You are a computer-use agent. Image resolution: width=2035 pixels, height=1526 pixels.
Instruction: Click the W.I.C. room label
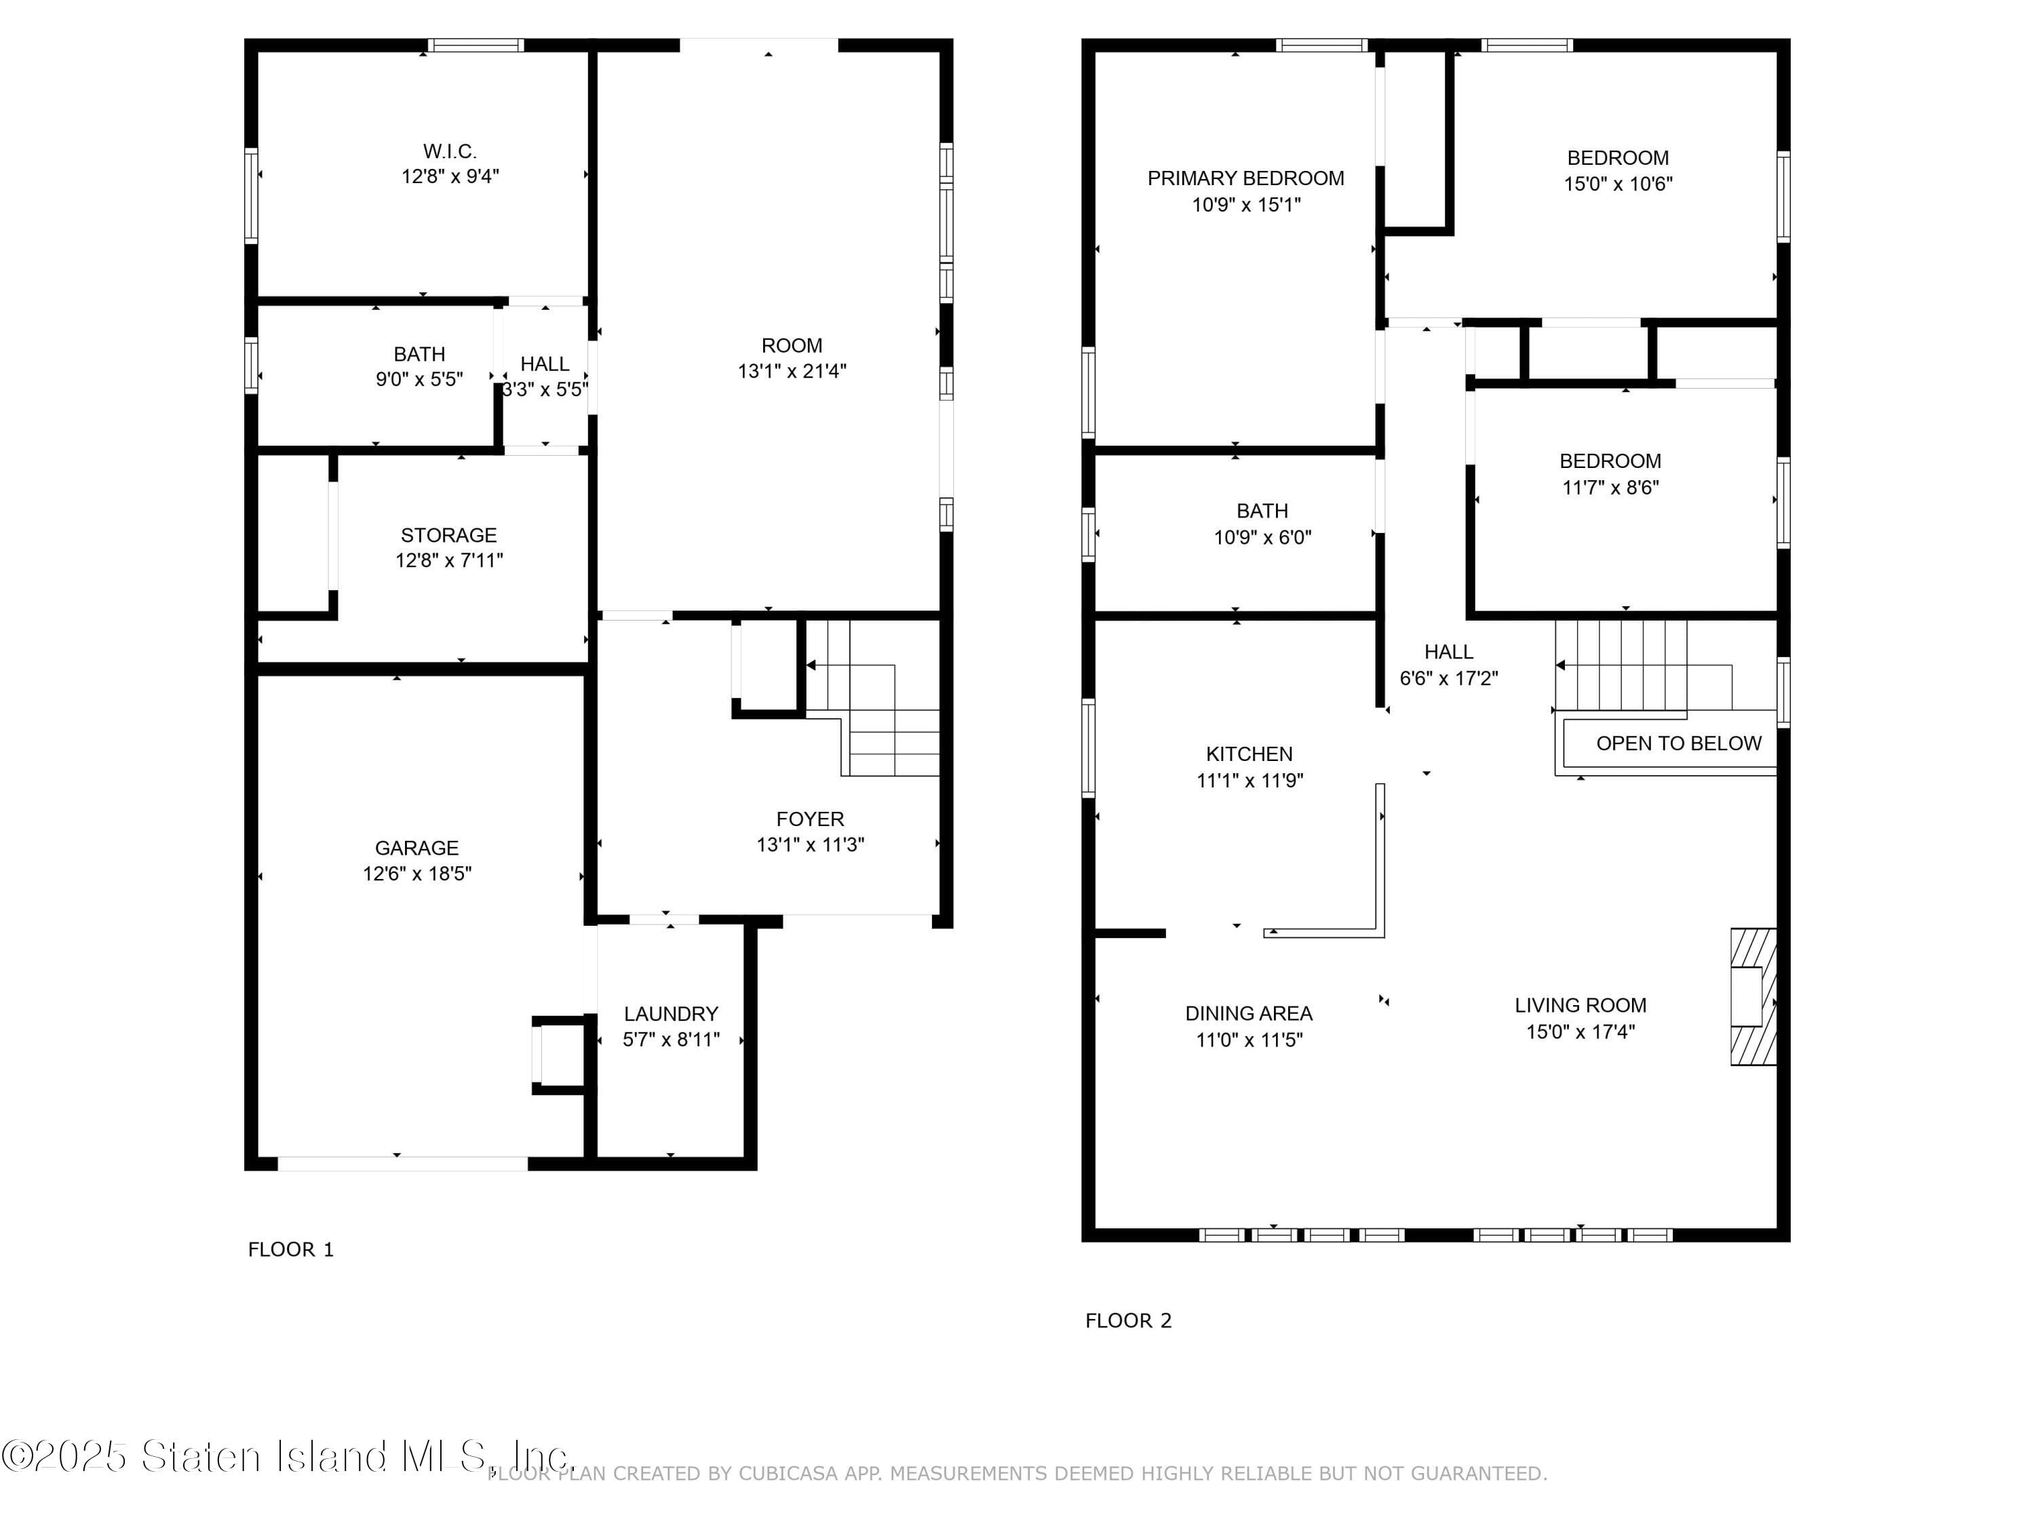click(x=449, y=151)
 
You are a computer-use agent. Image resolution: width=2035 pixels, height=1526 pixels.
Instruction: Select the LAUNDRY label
click(x=671, y=1014)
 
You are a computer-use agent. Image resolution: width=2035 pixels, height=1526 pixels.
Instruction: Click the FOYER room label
click(x=809, y=819)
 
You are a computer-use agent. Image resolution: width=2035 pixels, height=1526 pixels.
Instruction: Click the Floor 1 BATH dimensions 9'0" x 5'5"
click(x=419, y=379)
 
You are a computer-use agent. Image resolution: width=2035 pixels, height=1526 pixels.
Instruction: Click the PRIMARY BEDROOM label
click(x=1245, y=178)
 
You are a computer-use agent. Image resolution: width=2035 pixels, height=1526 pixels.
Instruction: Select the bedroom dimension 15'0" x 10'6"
click(x=1617, y=184)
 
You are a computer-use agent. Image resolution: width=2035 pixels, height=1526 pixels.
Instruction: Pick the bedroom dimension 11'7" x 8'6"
click(x=1610, y=488)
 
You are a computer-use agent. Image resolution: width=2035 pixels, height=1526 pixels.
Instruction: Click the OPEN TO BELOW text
click(x=1678, y=743)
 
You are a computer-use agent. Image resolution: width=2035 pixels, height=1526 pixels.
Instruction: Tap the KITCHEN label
click(x=1248, y=754)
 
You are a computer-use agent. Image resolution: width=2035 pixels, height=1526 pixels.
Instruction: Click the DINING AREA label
click(x=1248, y=1014)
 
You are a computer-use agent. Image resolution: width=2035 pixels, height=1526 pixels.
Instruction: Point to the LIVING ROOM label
click(x=1580, y=1005)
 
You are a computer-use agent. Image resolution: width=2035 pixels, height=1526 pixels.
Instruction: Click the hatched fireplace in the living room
click(x=1753, y=997)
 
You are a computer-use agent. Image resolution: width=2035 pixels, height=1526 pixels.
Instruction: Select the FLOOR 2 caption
click(x=1128, y=1321)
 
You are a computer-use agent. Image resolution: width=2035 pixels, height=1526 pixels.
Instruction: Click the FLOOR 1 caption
click(x=291, y=1249)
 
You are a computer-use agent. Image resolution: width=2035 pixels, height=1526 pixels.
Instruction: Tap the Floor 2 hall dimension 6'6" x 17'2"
click(x=1448, y=679)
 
